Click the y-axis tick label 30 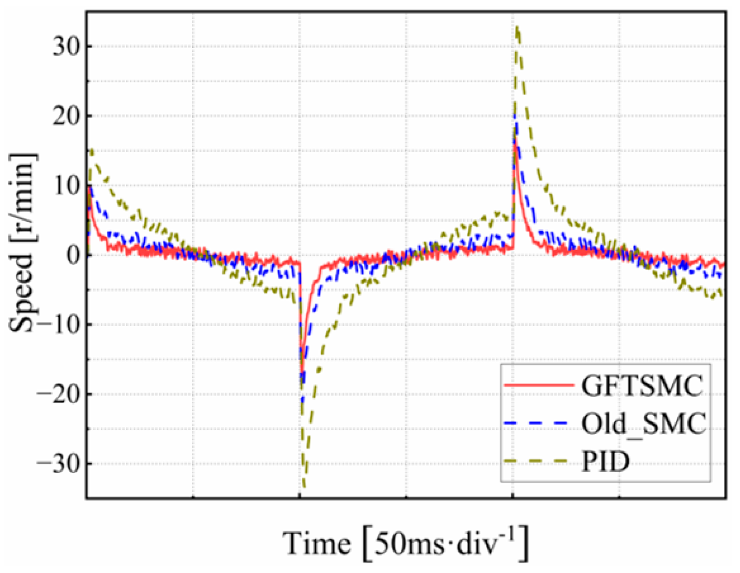click(x=65, y=47)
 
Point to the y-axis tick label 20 click(x=65, y=116)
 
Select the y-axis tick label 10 click(x=65, y=185)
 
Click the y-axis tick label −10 click(x=57, y=325)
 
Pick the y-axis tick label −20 click(x=57, y=394)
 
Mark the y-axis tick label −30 click(x=57, y=463)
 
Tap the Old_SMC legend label click(x=643, y=424)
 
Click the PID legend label click(x=606, y=462)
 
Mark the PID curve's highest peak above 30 click(x=517, y=28)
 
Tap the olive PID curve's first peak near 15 click(x=92, y=150)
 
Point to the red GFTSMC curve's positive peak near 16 click(x=514, y=144)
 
